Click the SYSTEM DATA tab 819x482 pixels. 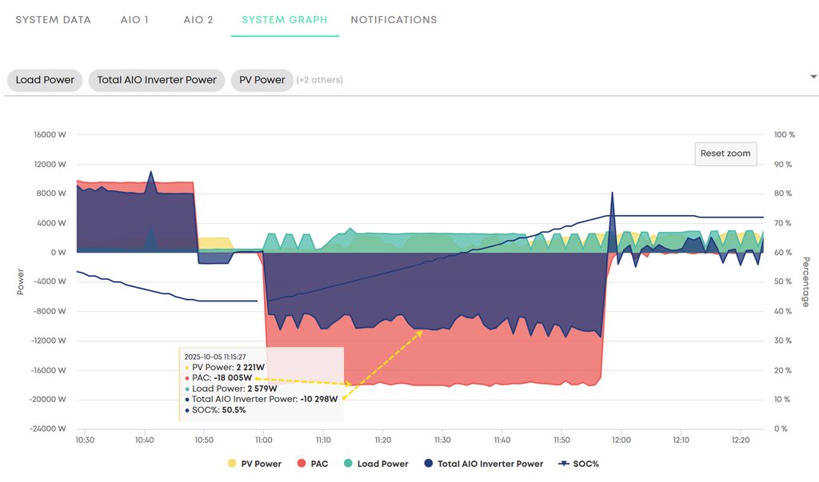click(x=53, y=20)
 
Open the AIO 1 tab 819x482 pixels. click(x=135, y=20)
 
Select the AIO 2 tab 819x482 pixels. click(x=198, y=20)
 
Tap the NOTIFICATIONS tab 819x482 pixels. click(x=394, y=20)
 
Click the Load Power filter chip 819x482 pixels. click(x=45, y=80)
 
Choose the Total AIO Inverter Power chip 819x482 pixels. click(x=157, y=80)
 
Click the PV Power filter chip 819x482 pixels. click(x=262, y=80)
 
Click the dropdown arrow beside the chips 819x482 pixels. click(x=813, y=77)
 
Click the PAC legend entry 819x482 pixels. click(x=317, y=464)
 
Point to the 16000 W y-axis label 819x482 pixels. click(x=50, y=135)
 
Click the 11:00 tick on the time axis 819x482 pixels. click(x=264, y=440)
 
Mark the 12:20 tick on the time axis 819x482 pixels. click(x=740, y=440)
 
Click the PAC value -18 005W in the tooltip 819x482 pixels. click(x=233, y=378)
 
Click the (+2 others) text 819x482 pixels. click(x=320, y=80)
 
